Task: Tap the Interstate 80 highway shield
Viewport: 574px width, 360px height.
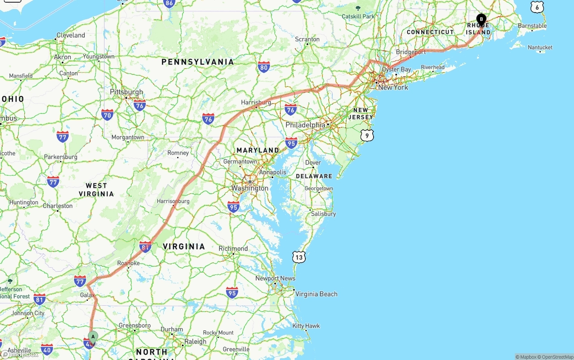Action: (x=264, y=68)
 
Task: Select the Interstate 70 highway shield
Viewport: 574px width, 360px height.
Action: (x=107, y=115)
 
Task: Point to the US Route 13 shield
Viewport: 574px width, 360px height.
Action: (x=299, y=257)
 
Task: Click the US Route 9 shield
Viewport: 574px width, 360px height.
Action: (x=367, y=135)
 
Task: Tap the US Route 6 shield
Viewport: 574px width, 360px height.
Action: (x=537, y=7)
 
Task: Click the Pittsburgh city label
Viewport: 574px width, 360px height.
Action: (x=126, y=92)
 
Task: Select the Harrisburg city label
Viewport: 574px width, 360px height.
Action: (x=256, y=103)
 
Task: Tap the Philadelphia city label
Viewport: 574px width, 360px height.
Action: (x=305, y=125)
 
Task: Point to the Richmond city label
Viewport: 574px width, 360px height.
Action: (x=233, y=248)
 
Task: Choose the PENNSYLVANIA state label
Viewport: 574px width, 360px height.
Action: (x=198, y=62)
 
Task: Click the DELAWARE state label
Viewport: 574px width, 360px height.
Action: (x=314, y=176)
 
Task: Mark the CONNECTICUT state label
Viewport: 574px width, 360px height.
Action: (x=430, y=32)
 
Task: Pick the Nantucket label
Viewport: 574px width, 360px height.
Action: (x=540, y=48)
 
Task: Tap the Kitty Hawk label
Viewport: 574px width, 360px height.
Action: (x=306, y=326)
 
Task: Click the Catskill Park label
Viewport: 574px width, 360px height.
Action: (x=358, y=17)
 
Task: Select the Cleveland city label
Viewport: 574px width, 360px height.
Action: (x=71, y=35)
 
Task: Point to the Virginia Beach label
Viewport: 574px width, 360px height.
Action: (x=316, y=294)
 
